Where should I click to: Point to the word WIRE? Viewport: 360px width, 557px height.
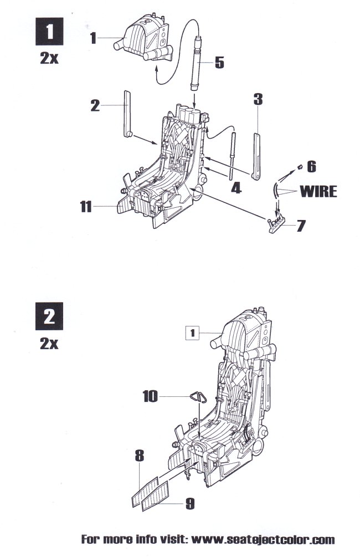pos(318,191)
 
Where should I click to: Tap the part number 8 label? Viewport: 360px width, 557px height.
pos(139,456)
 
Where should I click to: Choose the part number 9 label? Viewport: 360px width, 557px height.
pos(189,504)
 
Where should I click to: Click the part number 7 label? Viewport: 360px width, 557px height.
pos(301,226)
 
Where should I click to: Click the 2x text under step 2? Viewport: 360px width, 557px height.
pos(49,344)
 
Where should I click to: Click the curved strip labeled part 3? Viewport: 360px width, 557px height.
pos(258,154)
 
